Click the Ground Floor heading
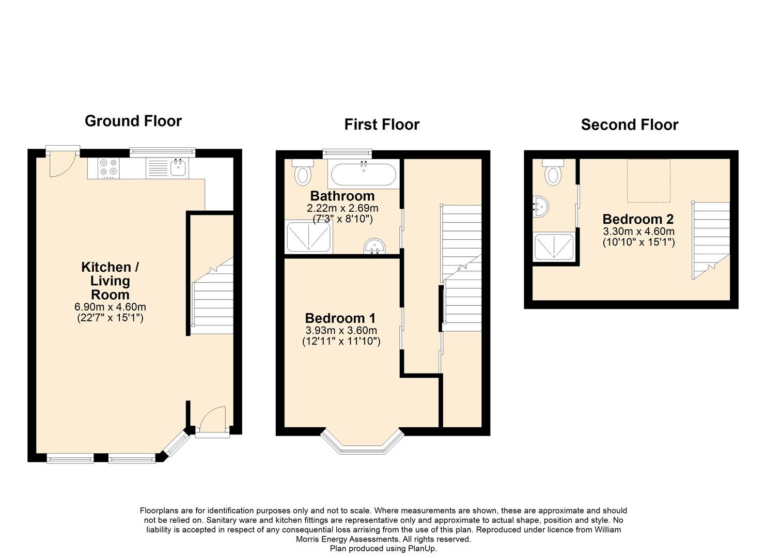[133, 121]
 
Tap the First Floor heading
[382, 125]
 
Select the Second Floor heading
[629, 125]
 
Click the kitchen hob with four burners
[108, 168]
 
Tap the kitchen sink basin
[178, 167]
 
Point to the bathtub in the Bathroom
[364, 174]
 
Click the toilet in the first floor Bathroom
[302, 172]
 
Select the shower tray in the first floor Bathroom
[308, 237]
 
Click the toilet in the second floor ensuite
[553, 172]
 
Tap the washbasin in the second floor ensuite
[541, 207]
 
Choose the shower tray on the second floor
[554, 246]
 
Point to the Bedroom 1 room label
[340, 318]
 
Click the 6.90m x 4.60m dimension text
[110, 306]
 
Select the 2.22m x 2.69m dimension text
[342, 208]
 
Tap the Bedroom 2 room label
[638, 219]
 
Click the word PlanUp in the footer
[422, 548]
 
